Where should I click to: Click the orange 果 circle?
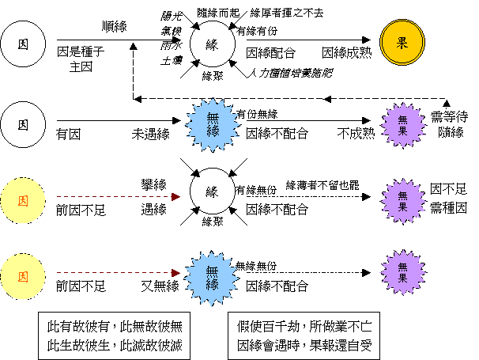pos(402,43)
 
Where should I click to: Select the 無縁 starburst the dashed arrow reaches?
pos(212,278)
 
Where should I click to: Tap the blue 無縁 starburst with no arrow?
pos(213,124)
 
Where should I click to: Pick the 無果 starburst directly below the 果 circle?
pos(403,125)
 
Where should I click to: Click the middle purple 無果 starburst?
pos(403,201)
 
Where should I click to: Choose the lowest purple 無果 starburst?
pos(403,272)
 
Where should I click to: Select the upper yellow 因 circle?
pos(23,201)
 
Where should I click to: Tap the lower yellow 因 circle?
pos(23,277)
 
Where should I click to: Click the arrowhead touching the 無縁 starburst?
pos(176,273)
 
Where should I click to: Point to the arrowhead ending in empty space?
pos(176,197)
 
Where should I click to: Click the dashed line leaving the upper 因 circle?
pos(111,197)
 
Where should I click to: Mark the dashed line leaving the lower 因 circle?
pos(111,273)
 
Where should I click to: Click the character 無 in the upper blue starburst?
pos(213,118)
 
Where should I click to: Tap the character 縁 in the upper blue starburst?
pos(213,131)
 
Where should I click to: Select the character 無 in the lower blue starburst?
pos(212,271)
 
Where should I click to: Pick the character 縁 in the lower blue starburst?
pos(212,284)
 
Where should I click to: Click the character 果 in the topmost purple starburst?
pos(403,131)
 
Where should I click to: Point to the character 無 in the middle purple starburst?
pos(403,195)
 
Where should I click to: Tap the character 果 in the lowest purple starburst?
pos(403,279)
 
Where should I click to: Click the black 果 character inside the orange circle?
pos(402,43)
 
